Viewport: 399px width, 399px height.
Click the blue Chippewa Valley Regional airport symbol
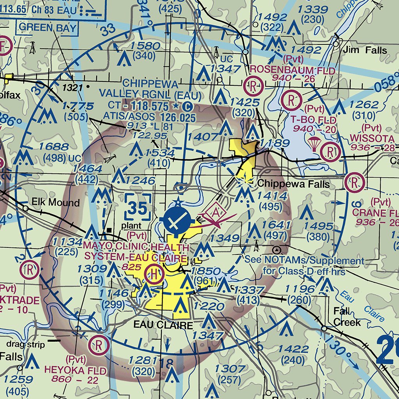coord(177,222)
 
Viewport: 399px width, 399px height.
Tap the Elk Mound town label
coord(56,203)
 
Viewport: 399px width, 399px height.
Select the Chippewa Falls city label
coord(293,184)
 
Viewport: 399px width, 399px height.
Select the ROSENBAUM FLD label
coord(292,71)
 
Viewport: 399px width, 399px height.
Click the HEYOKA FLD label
coord(75,370)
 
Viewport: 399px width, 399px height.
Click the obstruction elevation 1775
coord(78,106)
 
